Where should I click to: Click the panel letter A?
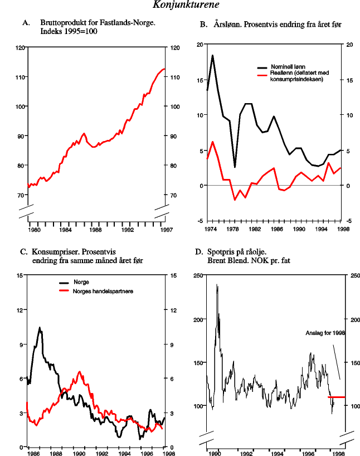(x=25, y=23)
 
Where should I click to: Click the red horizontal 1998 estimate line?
(x=337, y=397)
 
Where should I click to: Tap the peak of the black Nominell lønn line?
(x=212, y=55)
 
